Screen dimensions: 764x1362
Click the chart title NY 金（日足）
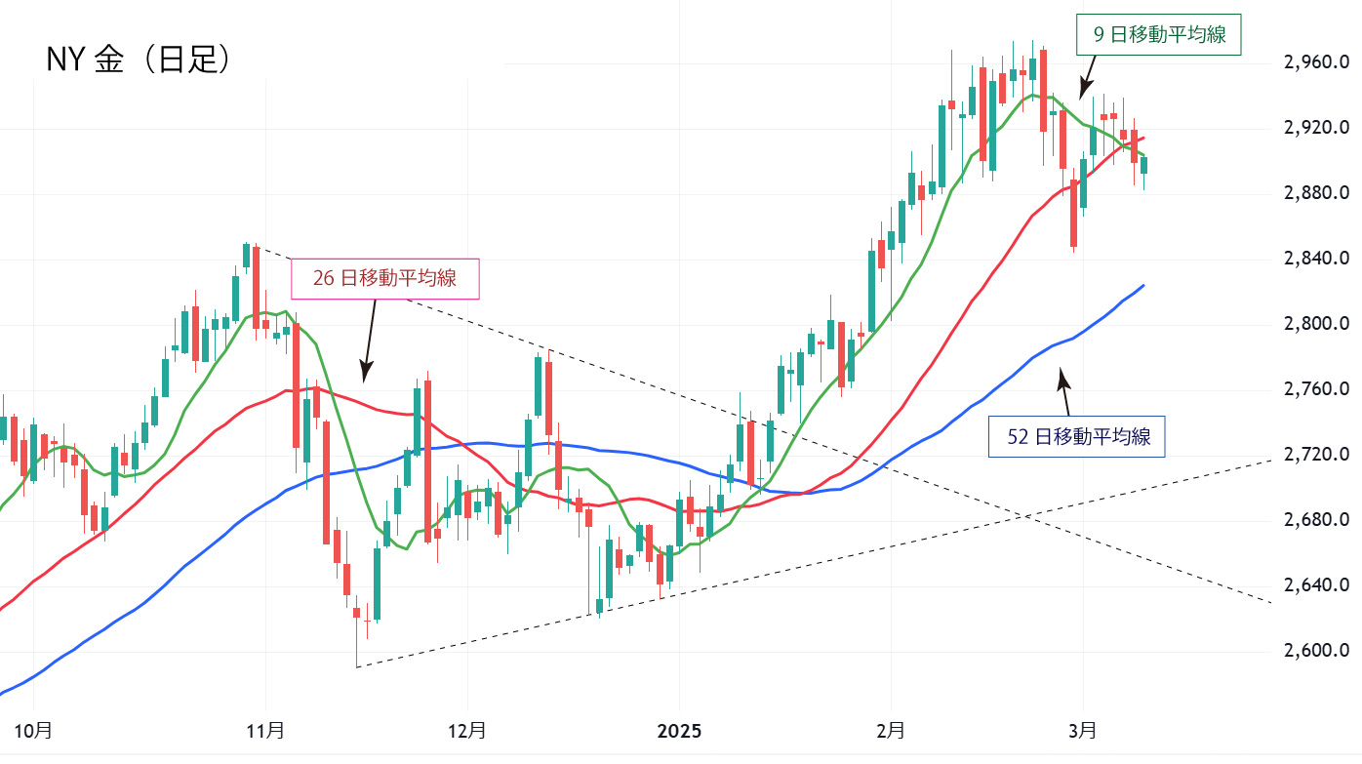click(139, 60)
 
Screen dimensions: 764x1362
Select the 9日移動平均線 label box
click(1158, 35)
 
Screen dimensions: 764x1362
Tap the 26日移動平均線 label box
click(385, 278)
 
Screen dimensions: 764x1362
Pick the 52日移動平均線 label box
click(1078, 436)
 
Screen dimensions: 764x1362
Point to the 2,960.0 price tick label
click(1316, 62)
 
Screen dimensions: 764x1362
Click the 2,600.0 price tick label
click(1316, 651)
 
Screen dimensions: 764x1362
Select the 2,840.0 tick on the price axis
click(1316, 259)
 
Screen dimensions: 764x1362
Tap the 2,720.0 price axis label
click(1316, 455)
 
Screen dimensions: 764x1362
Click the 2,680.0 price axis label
click(1316, 520)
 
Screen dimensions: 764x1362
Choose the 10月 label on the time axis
click(33, 730)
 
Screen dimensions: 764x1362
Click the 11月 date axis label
click(265, 730)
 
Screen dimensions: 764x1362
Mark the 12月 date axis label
click(467, 730)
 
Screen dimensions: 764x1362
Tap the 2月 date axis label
click(891, 730)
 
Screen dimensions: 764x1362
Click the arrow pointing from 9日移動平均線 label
click(1087, 75)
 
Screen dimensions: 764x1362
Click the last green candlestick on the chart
click(1143, 165)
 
